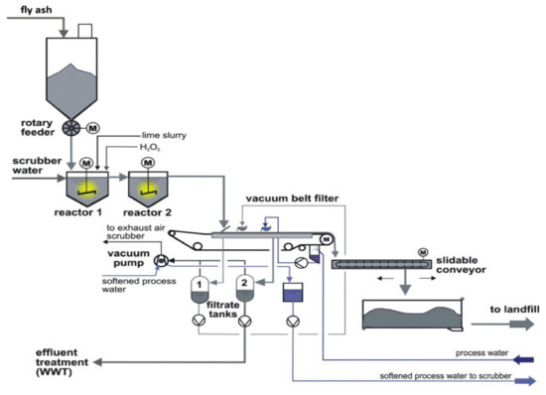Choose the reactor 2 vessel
point(149,184)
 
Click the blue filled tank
point(292,295)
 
